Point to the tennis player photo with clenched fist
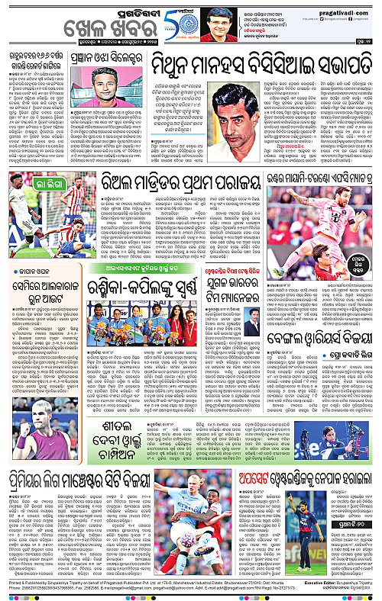coord(27,431)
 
